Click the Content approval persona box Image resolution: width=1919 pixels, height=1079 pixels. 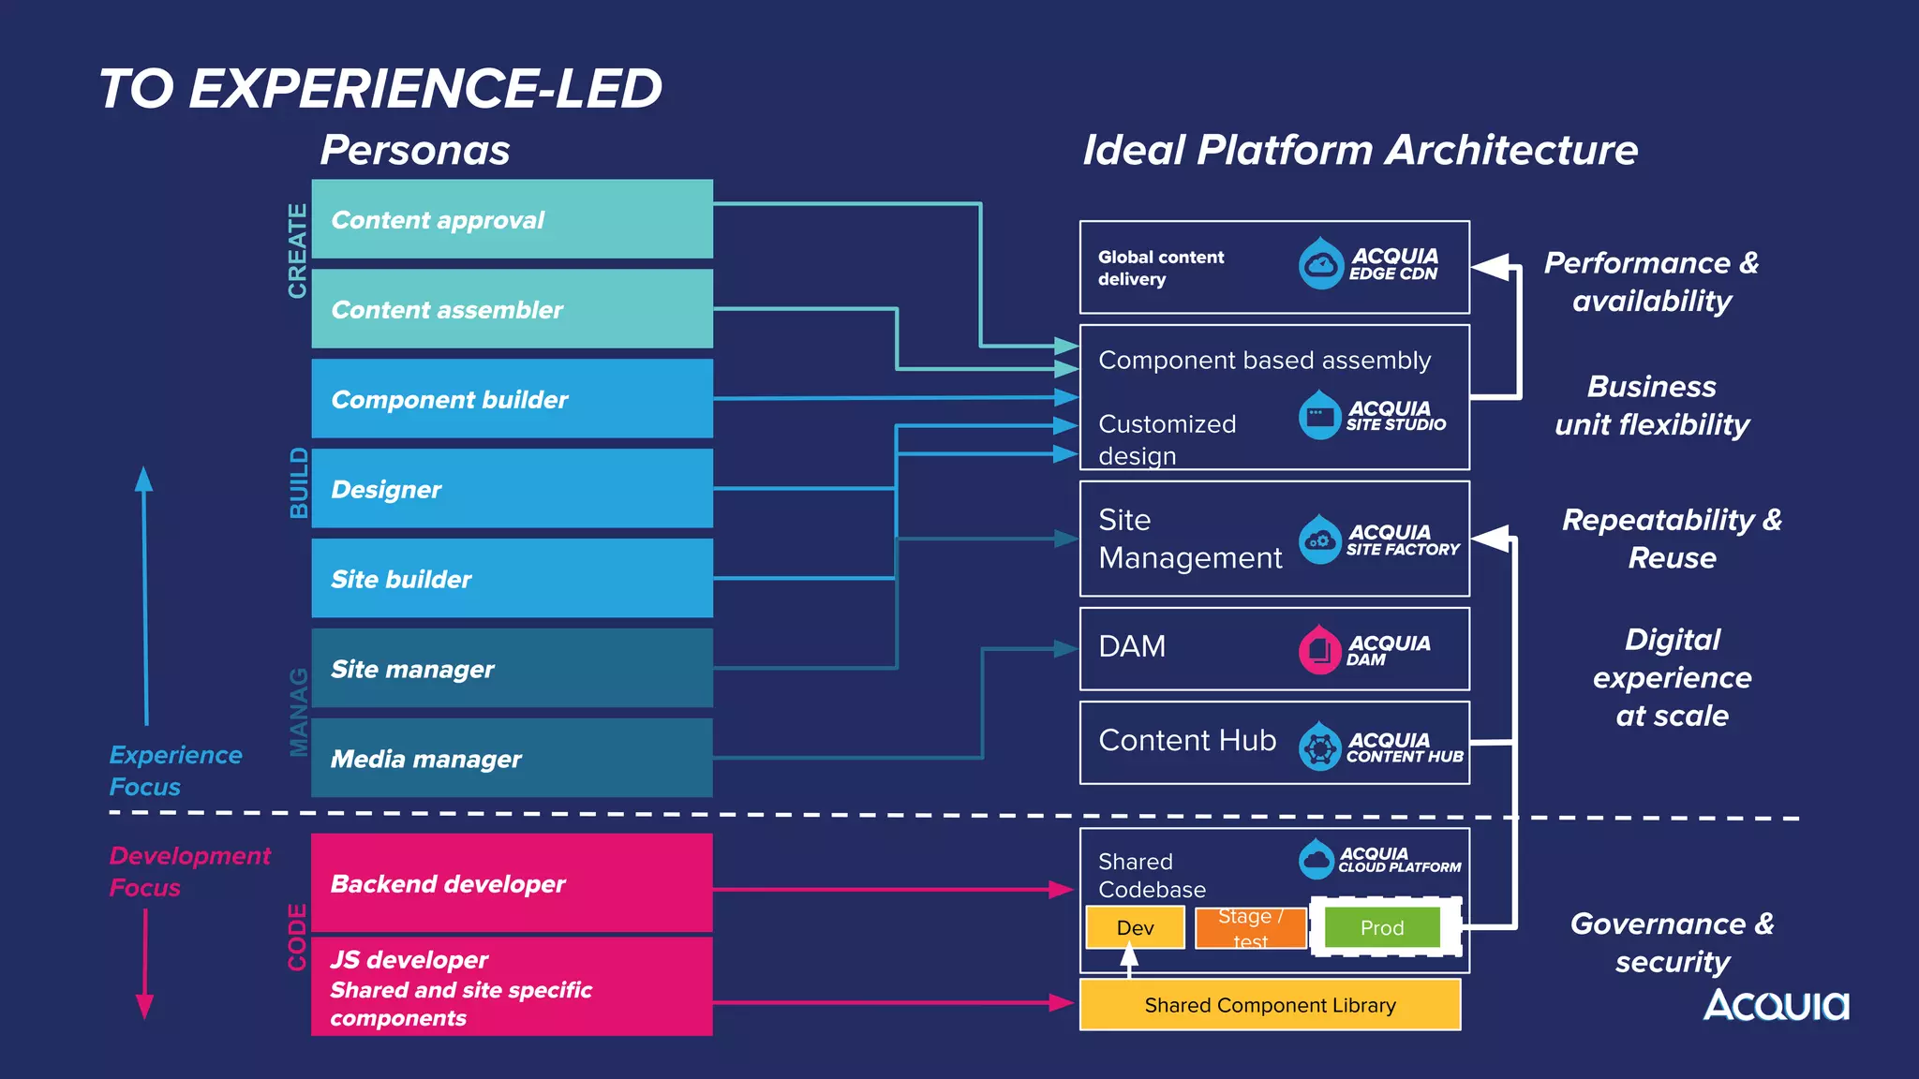[512, 219]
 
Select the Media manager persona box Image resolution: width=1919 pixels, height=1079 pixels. [512, 758]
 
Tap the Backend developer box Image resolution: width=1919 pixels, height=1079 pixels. [512, 882]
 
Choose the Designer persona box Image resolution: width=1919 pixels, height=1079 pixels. [512, 488]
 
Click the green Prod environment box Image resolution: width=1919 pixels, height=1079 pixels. [1382, 927]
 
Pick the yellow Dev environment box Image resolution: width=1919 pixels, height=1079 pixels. [1135, 927]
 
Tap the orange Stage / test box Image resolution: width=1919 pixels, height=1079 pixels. [1250, 927]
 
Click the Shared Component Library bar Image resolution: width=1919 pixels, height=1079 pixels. [1270, 1005]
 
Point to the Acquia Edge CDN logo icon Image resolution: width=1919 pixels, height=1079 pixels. [1321, 264]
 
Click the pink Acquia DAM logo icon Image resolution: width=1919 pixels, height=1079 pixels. [1320, 649]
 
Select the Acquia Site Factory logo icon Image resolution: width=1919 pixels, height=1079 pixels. [1320, 539]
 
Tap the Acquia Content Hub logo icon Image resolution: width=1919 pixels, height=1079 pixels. [1320, 746]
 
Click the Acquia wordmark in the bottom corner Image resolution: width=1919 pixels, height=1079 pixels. [1776, 1005]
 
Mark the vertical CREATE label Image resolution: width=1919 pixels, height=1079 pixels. [297, 250]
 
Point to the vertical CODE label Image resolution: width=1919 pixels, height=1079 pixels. [297, 937]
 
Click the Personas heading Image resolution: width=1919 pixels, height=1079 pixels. [415, 150]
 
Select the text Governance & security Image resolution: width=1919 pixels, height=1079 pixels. [1672, 942]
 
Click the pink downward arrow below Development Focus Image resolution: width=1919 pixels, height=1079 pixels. [144, 965]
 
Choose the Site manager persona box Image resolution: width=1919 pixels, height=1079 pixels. [512, 668]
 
